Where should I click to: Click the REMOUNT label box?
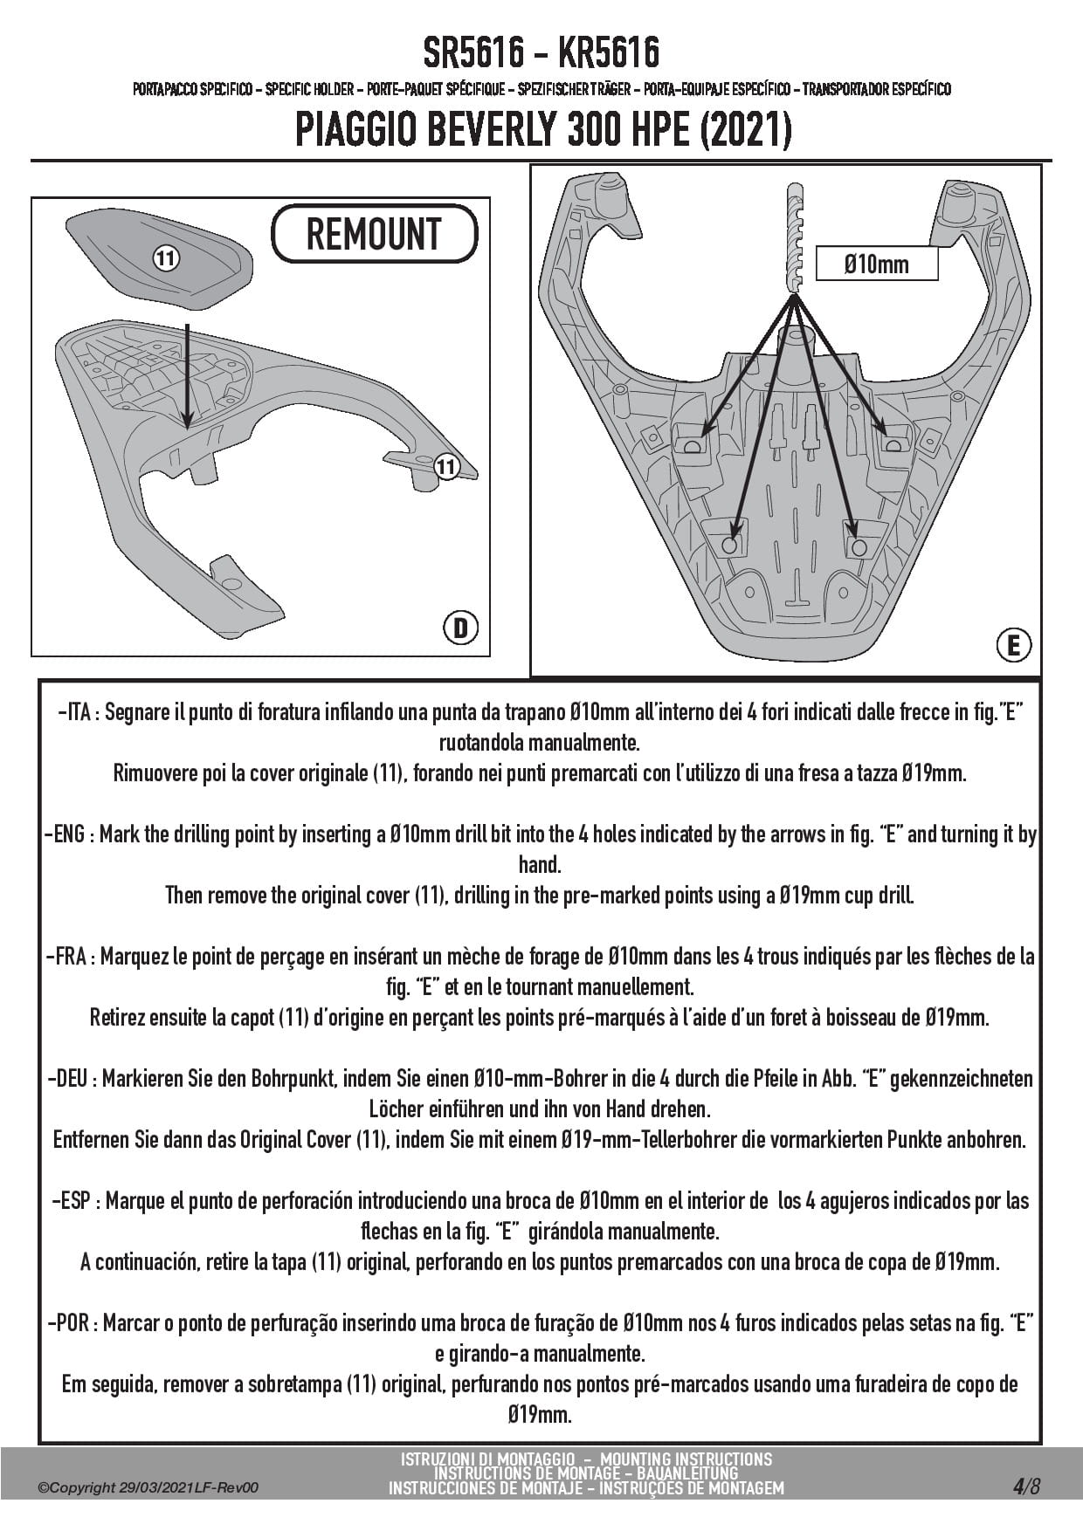pyautogui.click(x=375, y=234)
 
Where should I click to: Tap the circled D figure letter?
pyautogui.click(x=460, y=628)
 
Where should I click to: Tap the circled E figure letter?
pyautogui.click(x=1013, y=645)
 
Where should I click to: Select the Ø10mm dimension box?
pyautogui.click(x=876, y=264)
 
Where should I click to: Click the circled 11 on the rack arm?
pyautogui.click(x=446, y=467)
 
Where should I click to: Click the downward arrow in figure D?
pyautogui.click(x=187, y=375)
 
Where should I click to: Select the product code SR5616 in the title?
pyautogui.click(x=473, y=54)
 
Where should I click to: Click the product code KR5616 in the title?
pyautogui.click(x=609, y=54)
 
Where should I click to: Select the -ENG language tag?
pyautogui.click(x=68, y=834)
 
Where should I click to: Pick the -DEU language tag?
pyautogui.click(x=72, y=1079)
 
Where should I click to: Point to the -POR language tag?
pyautogui.click(x=72, y=1323)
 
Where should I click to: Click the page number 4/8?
pyautogui.click(x=1026, y=1486)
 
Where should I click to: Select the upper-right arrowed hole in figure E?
pyautogui.click(x=892, y=445)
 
